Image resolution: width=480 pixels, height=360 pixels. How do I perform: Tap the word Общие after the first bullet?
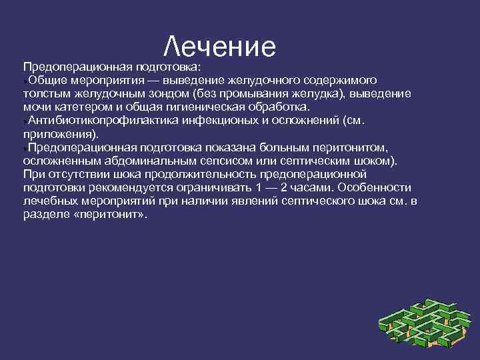[45, 80]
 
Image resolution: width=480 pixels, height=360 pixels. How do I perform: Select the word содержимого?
[341, 80]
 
